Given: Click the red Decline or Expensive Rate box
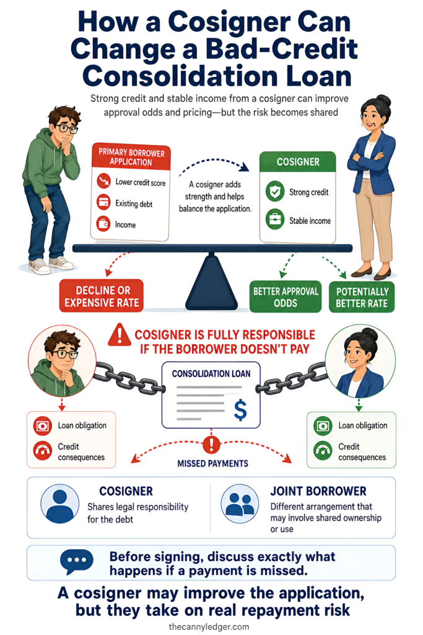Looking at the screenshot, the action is pyautogui.click(x=102, y=296).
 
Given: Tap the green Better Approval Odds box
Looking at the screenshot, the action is pyautogui.click(x=286, y=297).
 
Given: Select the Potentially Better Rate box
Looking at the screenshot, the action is pyautogui.click(x=362, y=297).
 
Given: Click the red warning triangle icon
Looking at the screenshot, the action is pyautogui.click(x=120, y=334).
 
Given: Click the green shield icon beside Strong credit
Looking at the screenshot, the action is pyautogui.click(x=275, y=192).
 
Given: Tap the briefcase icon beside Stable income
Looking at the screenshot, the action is pyautogui.click(x=275, y=220).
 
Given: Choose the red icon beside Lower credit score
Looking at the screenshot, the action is pyautogui.click(x=104, y=180).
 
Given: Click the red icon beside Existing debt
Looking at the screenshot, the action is pyautogui.click(x=104, y=202).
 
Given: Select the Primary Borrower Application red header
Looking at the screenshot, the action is pyautogui.click(x=131, y=157).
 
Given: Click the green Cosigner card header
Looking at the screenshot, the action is pyautogui.click(x=298, y=162).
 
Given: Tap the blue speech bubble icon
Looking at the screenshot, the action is pyautogui.click(x=76, y=562).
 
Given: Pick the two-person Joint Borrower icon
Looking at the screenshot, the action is pyautogui.click(x=240, y=504).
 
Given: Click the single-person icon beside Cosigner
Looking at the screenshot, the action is pyautogui.click(x=59, y=504).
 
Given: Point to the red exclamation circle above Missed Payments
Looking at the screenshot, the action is pyautogui.click(x=211, y=444).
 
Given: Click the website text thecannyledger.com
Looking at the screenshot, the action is pyautogui.click(x=209, y=626).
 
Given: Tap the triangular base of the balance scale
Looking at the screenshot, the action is pyautogui.click(x=211, y=283).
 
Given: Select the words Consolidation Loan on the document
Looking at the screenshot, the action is pyautogui.click(x=211, y=374).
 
